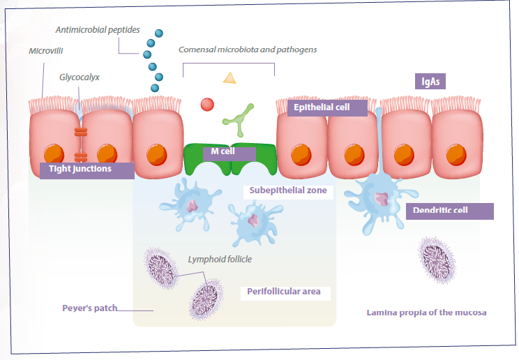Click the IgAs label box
430,81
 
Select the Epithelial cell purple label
327,107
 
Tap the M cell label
219,151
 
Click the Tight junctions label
86,170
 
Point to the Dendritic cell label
449,211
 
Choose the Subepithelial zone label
288,190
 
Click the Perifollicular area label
285,291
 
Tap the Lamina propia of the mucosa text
426,312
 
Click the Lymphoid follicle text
220,260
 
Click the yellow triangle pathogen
230,78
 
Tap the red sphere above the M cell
207,105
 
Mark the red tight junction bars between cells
81,144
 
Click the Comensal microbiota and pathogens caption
248,50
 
